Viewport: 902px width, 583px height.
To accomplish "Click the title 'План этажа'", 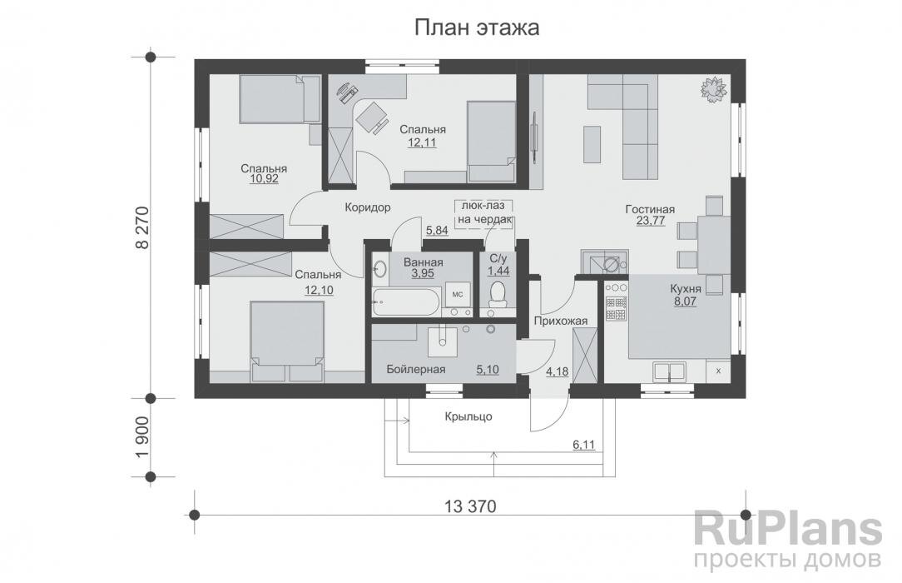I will [478, 28].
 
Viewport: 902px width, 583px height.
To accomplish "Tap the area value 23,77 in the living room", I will [650, 222].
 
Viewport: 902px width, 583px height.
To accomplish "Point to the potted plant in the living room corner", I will [713, 87].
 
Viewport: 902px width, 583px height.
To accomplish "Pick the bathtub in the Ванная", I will [405, 301].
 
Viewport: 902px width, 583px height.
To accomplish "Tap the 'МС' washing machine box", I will [457, 294].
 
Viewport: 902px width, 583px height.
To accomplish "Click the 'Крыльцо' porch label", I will [468, 416].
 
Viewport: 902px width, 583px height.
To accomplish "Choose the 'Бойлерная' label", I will [416, 369].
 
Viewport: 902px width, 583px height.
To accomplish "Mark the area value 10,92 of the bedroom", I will [265, 178].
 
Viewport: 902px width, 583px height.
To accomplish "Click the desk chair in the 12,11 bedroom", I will [371, 119].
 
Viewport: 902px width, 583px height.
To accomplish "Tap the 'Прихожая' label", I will [560, 321].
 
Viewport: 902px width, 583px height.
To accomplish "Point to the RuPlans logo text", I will [787, 530].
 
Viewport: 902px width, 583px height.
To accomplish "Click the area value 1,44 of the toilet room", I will [499, 272].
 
